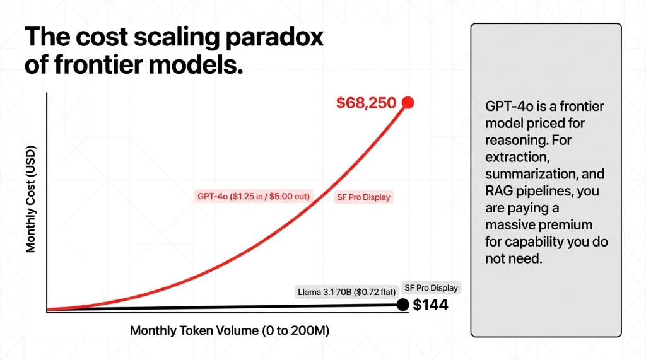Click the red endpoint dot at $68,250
(x=408, y=102)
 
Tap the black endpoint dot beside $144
(x=402, y=305)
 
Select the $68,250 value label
(x=366, y=103)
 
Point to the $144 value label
(x=430, y=306)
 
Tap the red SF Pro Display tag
(x=363, y=197)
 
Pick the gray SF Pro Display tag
(x=432, y=288)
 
